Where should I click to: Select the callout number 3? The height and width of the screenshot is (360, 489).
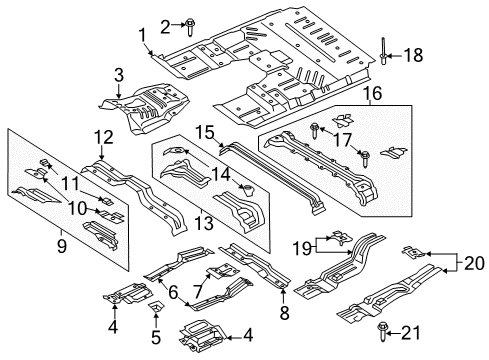pyautogui.click(x=118, y=75)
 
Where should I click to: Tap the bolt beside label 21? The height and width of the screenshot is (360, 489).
pyautogui.click(x=383, y=328)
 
